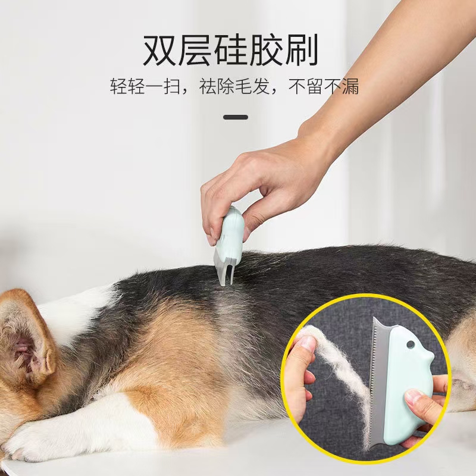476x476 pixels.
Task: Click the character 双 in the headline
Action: [160, 50]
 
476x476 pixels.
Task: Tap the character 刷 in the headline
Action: [301, 50]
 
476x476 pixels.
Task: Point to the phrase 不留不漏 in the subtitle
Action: [325, 87]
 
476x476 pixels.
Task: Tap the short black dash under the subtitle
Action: [235, 117]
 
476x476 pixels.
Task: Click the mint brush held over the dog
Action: [229, 235]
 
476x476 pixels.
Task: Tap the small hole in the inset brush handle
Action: [411, 345]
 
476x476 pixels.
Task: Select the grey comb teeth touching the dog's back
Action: [224, 271]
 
